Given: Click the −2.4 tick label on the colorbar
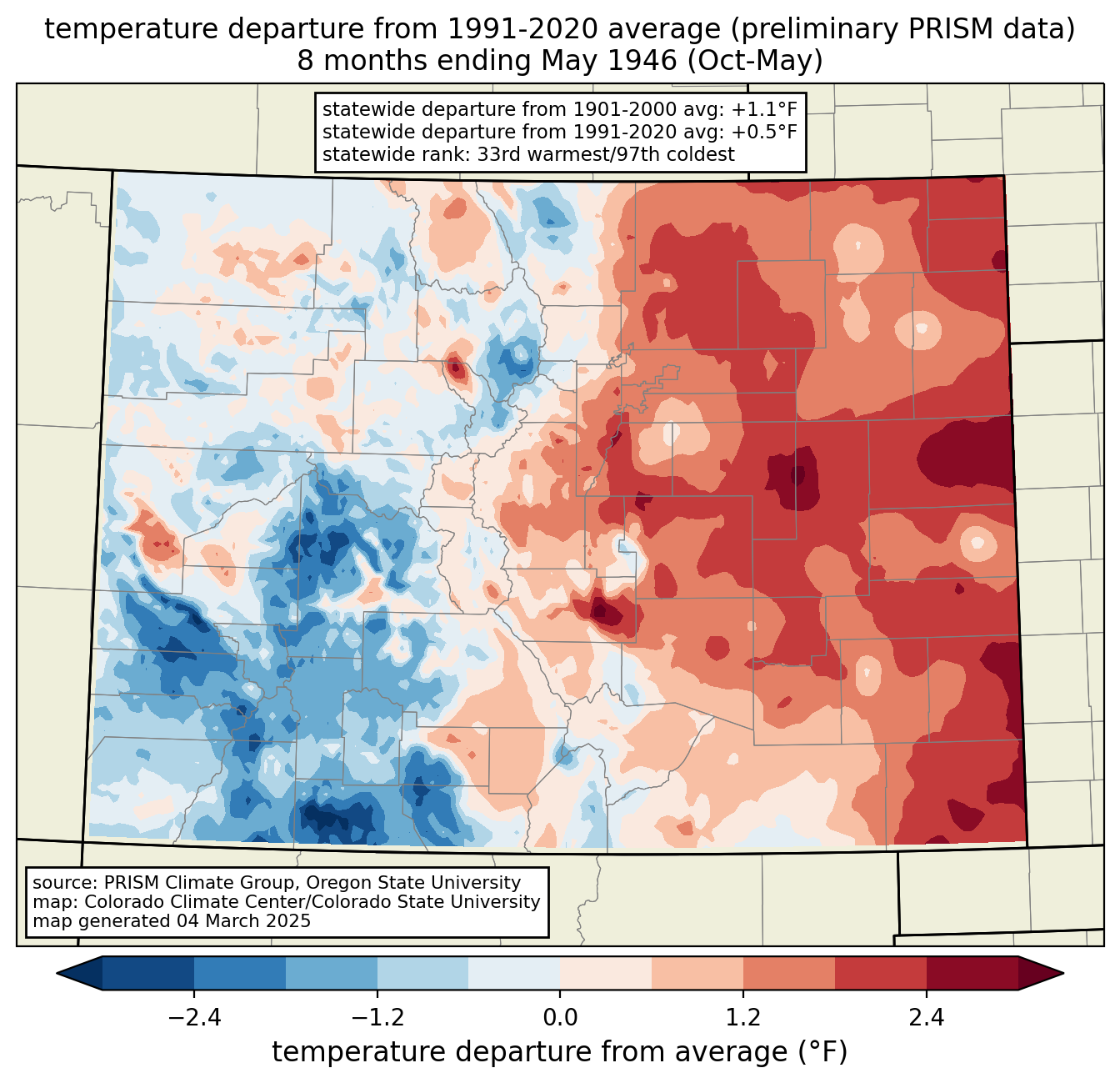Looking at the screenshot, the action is (x=194, y=1017).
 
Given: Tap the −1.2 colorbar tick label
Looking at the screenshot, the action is (x=377, y=1017).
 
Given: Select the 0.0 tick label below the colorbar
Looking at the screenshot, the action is (x=560, y=1017).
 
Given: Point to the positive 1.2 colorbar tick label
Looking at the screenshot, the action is (x=743, y=1017).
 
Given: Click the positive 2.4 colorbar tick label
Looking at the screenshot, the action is (x=927, y=1017).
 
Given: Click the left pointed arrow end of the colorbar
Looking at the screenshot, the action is (x=79, y=974).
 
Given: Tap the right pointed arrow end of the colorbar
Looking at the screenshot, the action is (x=1041, y=974).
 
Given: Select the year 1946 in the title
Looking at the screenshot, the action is (x=645, y=61).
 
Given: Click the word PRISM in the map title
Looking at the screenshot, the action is (x=942, y=29).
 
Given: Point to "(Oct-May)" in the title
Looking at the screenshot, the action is (x=754, y=61).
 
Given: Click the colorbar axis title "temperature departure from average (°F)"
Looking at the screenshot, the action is (x=559, y=1052).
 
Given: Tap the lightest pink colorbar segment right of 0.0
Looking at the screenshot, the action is (x=606, y=974).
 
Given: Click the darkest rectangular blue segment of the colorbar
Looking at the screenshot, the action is (x=147, y=974).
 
